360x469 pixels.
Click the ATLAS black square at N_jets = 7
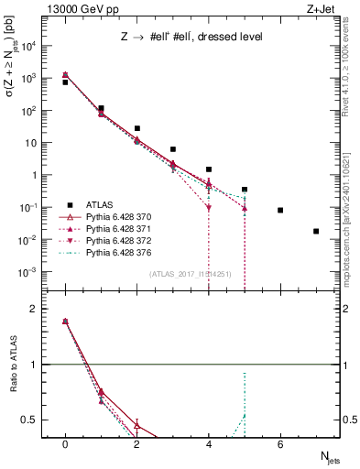316,231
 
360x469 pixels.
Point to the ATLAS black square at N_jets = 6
280,210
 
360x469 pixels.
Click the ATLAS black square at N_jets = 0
65,82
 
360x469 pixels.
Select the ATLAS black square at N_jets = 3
172,148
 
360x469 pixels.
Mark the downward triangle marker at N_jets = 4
209,208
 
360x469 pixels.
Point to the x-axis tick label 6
280,444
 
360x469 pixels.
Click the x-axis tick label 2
136,444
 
